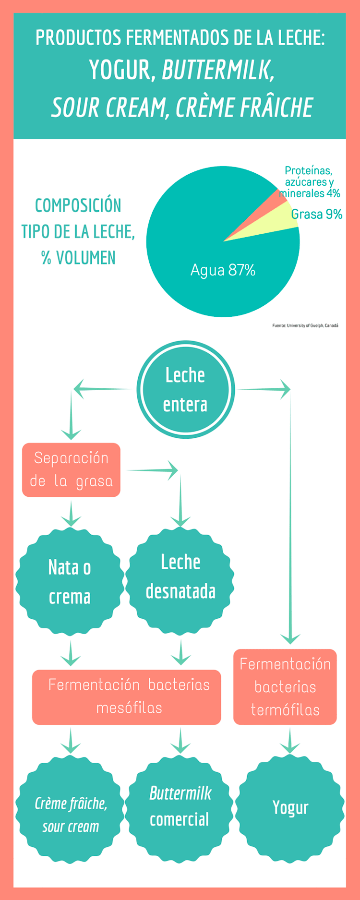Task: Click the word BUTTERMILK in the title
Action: tap(218, 71)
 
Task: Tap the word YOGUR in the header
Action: tap(120, 71)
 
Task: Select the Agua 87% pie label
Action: tap(223, 270)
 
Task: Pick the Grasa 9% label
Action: tap(317, 214)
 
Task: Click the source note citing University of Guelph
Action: tap(305, 325)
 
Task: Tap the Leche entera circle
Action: tap(185, 389)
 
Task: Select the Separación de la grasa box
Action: tap(71, 470)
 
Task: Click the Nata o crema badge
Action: tap(70, 581)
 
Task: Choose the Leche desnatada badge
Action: tap(180, 581)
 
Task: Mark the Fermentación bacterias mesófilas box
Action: tap(127, 697)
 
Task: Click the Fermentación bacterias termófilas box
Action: tap(285, 687)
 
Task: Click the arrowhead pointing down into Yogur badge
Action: tap(290, 747)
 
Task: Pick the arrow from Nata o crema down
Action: tap(71, 653)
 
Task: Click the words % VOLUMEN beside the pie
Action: tap(78, 258)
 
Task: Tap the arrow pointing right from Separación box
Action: tap(153, 470)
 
